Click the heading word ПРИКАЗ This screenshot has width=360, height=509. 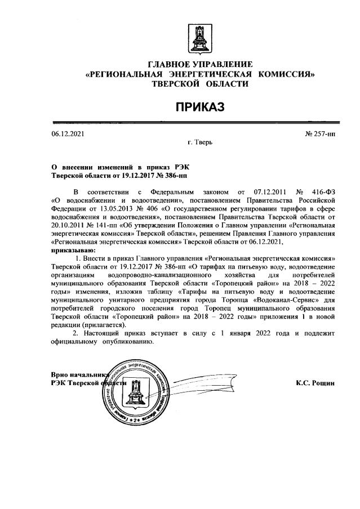199,107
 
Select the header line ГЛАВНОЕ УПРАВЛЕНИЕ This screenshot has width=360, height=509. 200,64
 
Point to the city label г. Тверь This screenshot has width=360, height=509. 199,144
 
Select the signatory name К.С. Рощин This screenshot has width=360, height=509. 315,383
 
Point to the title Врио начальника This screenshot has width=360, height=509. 79,374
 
